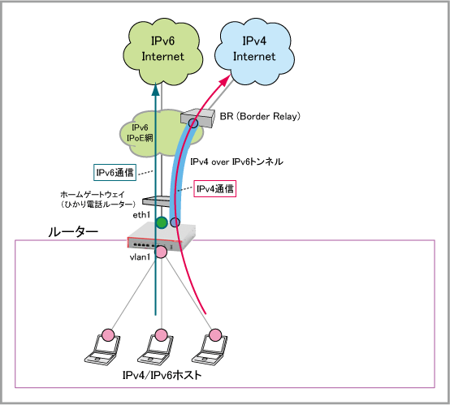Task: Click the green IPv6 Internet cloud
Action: click(x=163, y=51)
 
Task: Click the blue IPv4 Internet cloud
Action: click(x=254, y=51)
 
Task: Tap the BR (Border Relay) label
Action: click(x=260, y=116)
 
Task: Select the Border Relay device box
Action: click(x=197, y=118)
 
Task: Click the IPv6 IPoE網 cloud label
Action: click(x=140, y=133)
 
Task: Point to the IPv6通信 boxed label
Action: click(x=115, y=172)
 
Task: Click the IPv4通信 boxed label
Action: click(x=215, y=189)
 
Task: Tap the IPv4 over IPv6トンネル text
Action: click(x=236, y=162)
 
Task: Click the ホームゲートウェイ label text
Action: click(x=93, y=195)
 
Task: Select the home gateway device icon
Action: click(x=157, y=200)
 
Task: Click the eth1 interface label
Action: click(x=141, y=215)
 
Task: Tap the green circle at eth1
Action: click(x=162, y=222)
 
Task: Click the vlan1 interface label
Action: click(x=140, y=257)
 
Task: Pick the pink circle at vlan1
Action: click(x=161, y=252)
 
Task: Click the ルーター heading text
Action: click(x=73, y=232)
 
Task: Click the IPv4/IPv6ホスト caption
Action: click(x=162, y=375)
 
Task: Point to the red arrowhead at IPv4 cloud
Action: click(x=226, y=80)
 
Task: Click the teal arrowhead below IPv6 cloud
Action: click(x=155, y=89)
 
